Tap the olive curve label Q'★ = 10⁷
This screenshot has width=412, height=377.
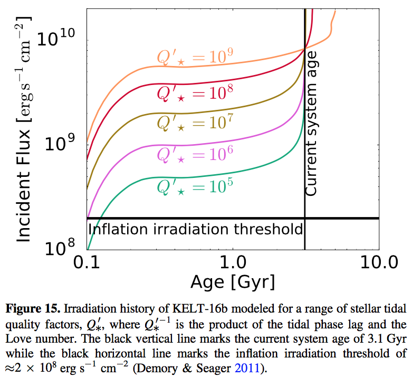(195, 122)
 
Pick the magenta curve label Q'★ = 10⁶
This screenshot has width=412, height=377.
(195, 155)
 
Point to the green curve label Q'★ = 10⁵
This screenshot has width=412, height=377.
(195, 186)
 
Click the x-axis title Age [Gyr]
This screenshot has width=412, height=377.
(233, 282)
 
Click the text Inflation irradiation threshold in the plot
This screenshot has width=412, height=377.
(195, 229)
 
